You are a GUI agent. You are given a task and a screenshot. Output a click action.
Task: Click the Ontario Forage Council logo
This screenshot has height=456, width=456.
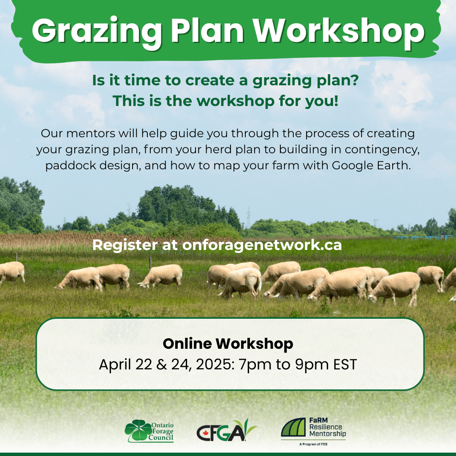coord(149,431)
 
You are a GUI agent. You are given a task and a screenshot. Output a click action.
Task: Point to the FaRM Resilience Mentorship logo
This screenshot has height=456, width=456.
coord(313,429)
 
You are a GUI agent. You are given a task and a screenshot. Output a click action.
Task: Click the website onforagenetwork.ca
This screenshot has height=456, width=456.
coord(262,245)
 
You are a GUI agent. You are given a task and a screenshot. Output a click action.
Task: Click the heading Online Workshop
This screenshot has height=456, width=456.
coord(228,344)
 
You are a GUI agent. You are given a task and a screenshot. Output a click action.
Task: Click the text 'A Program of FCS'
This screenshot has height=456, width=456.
coord(313,445)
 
